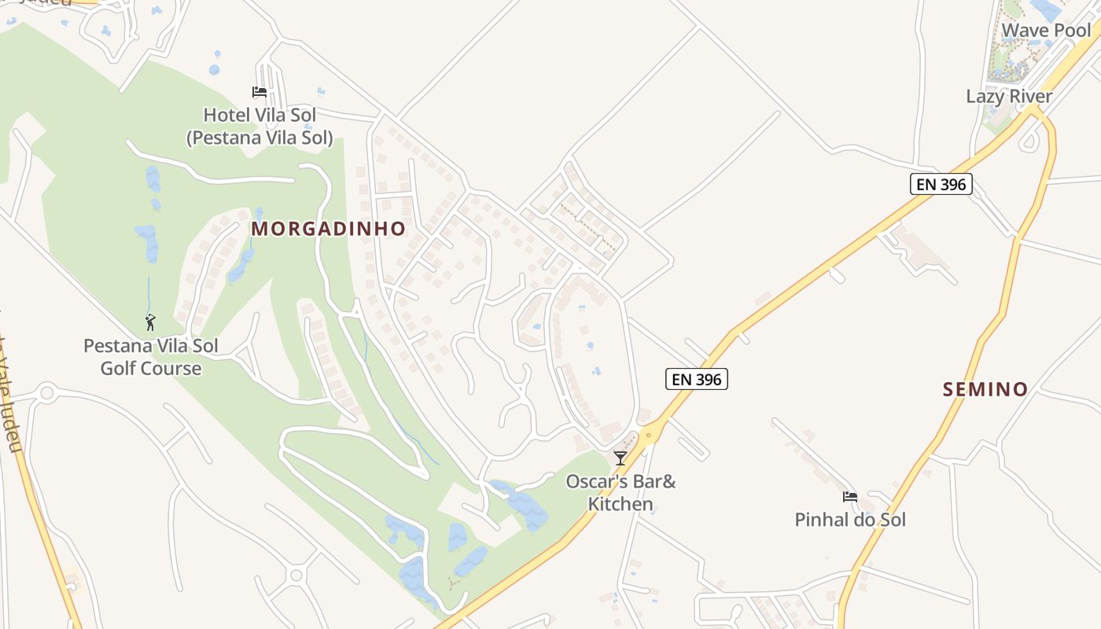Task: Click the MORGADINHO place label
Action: (x=329, y=229)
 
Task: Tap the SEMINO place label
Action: (x=985, y=389)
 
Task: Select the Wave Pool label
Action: (x=1046, y=31)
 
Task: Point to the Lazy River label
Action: (x=1009, y=97)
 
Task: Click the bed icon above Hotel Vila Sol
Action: (x=260, y=92)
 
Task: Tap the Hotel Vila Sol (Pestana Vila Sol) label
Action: (x=260, y=127)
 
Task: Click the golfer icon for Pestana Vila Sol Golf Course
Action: (x=150, y=322)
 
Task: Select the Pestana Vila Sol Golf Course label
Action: (x=151, y=357)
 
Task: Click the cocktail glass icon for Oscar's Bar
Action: (x=620, y=458)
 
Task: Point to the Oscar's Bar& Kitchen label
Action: (x=620, y=492)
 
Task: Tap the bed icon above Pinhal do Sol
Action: (x=849, y=497)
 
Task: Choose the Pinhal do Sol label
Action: (x=850, y=520)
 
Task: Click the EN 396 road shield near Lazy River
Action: (x=941, y=184)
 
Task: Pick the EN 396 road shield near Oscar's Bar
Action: (x=697, y=379)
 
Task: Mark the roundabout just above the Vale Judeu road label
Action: (x=46, y=392)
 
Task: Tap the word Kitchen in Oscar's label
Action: (x=620, y=504)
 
